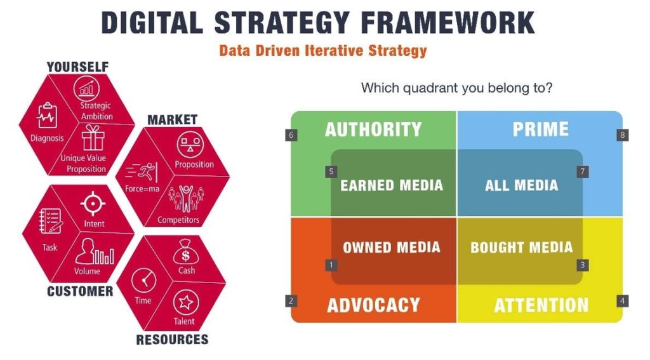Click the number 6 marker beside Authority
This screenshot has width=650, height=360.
click(291, 135)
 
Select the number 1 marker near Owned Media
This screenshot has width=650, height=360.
click(331, 265)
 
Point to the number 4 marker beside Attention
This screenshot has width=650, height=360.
click(623, 301)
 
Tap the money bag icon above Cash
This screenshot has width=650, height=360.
click(185, 254)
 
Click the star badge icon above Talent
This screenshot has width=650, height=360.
click(185, 302)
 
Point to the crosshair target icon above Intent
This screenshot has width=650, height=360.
click(93, 204)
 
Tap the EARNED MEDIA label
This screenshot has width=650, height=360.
click(391, 185)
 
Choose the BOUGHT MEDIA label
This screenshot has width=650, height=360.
click(521, 248)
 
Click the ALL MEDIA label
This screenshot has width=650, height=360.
click(521, 185)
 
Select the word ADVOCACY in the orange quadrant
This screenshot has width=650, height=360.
click(373, 305)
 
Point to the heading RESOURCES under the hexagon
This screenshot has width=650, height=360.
click(172, 340)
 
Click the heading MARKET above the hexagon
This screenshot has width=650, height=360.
click(172, 119)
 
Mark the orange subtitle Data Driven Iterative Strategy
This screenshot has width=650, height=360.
click(322, 51)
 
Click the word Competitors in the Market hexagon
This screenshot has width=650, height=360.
click(178, 220)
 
